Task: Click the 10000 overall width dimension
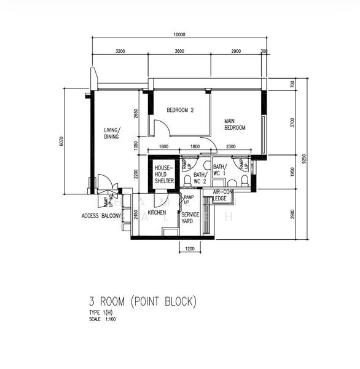(179, 34)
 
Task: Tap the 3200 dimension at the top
(120, 51)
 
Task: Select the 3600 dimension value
(179, 51)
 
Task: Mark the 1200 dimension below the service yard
(189, 249)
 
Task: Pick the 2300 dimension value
(231, 147)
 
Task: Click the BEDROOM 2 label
(180, 111)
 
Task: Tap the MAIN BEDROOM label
(235, 124)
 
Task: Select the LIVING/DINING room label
(112, 133)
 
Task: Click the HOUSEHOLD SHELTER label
(164, 174)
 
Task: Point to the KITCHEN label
(157, 213)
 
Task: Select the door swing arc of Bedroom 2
(161, 128)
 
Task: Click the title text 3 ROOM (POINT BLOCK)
(142, 301)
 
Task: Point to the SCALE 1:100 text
(103, 319)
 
